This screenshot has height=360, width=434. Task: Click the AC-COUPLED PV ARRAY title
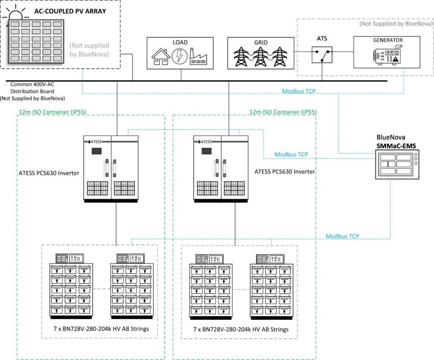tap(76, 11)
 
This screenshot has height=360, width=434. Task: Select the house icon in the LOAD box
tap(161, 56)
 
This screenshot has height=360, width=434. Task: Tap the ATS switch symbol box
tap(322, 54)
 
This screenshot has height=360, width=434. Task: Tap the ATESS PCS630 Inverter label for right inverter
tap(284, 172)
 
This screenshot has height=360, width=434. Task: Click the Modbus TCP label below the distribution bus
tap(298, 91)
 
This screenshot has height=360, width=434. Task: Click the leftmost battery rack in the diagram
tap(71, 286)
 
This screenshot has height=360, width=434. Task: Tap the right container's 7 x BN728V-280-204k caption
tap(241, 329)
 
